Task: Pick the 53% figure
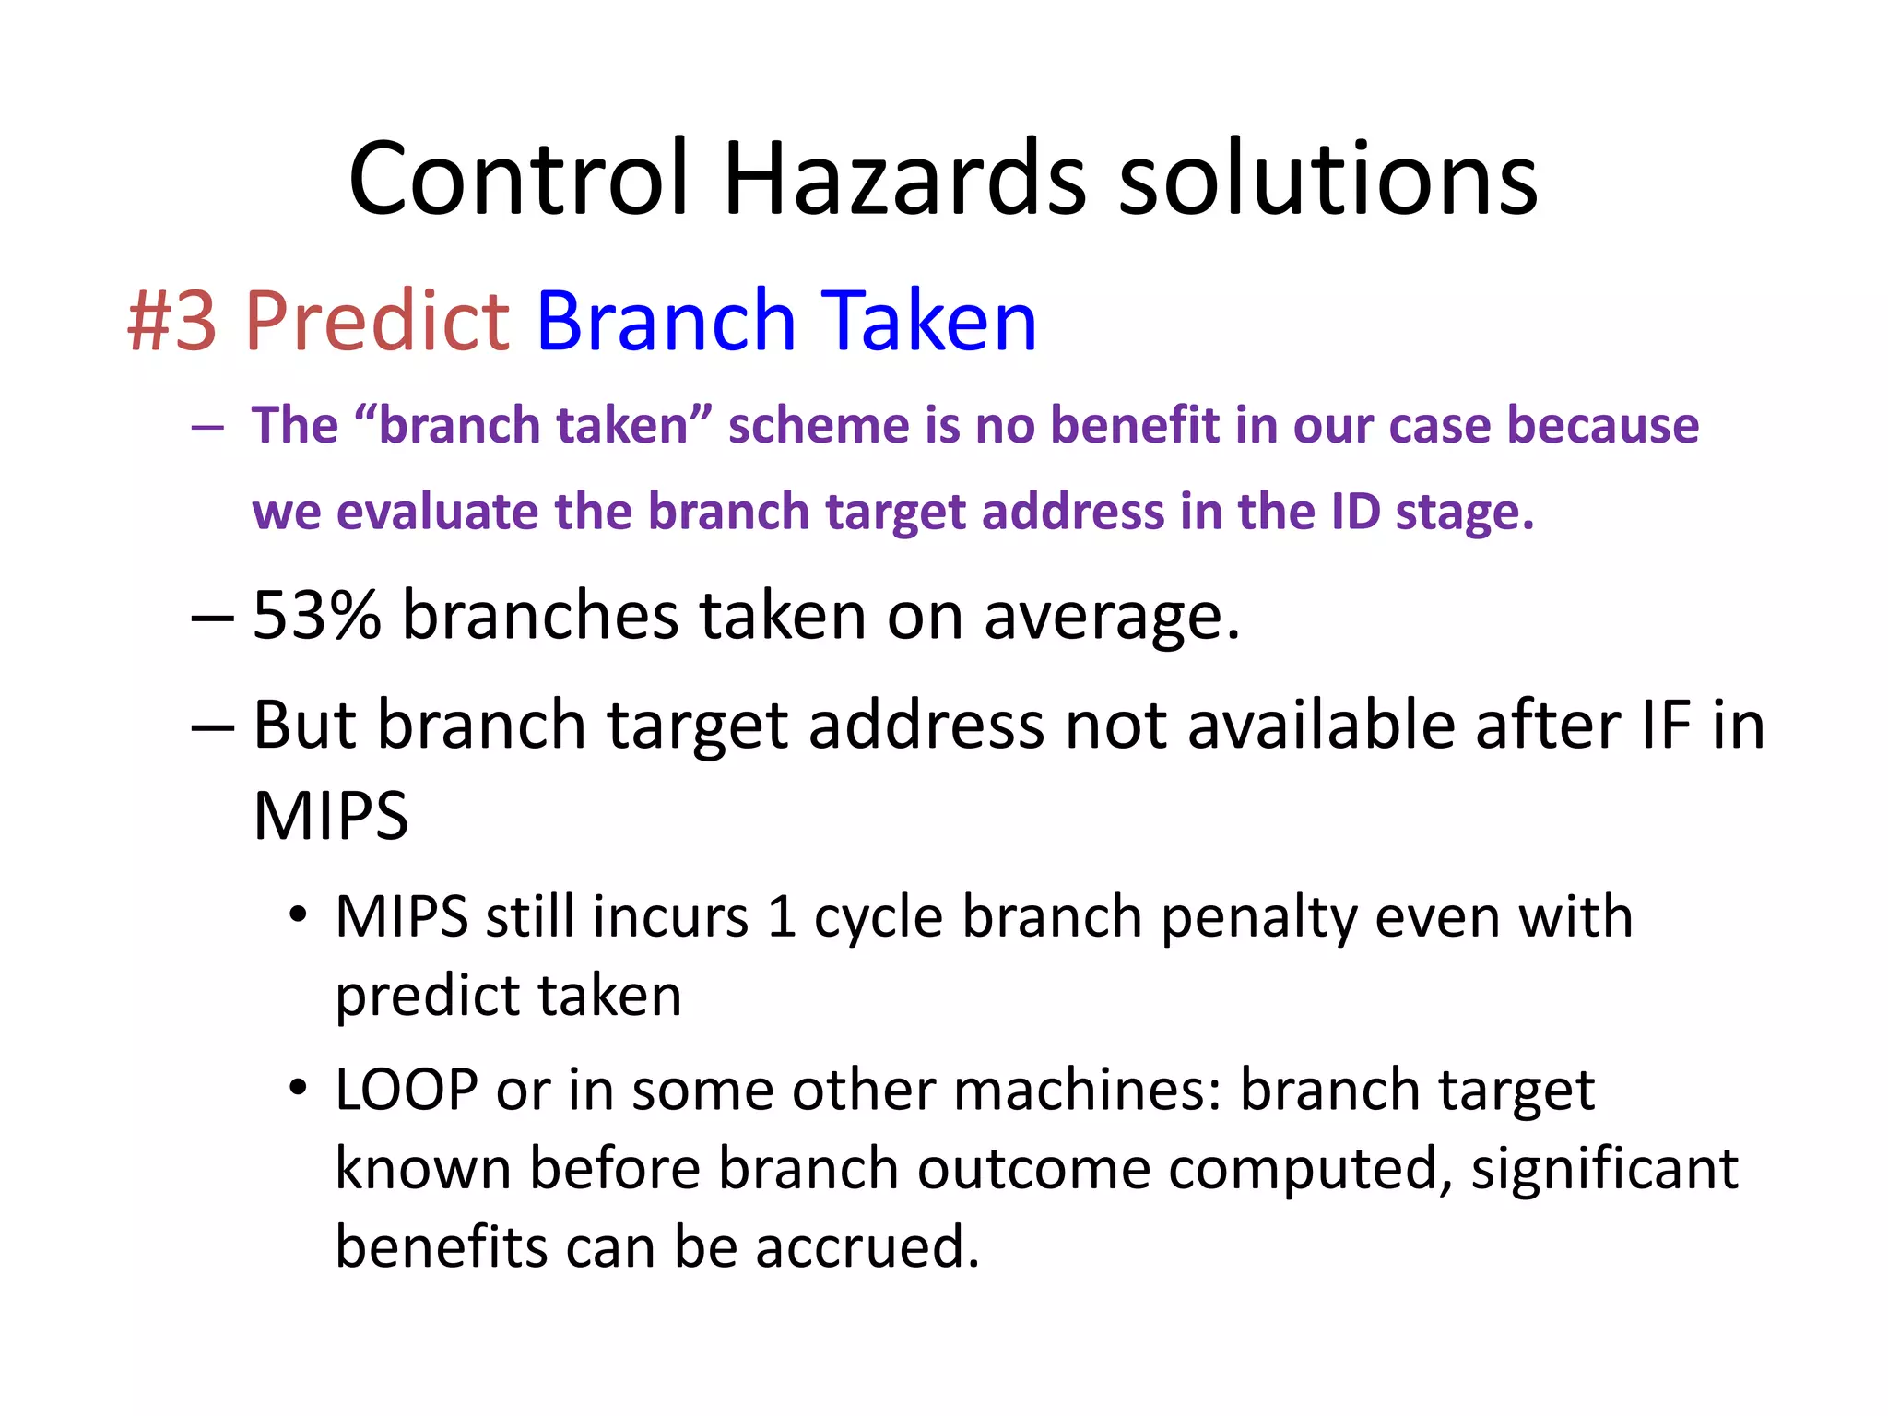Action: (x=316, y=615)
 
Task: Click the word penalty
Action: (x=1257, y=918)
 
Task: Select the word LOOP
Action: (x=407, y=1090)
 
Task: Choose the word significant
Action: (x=1604, y=1169)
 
